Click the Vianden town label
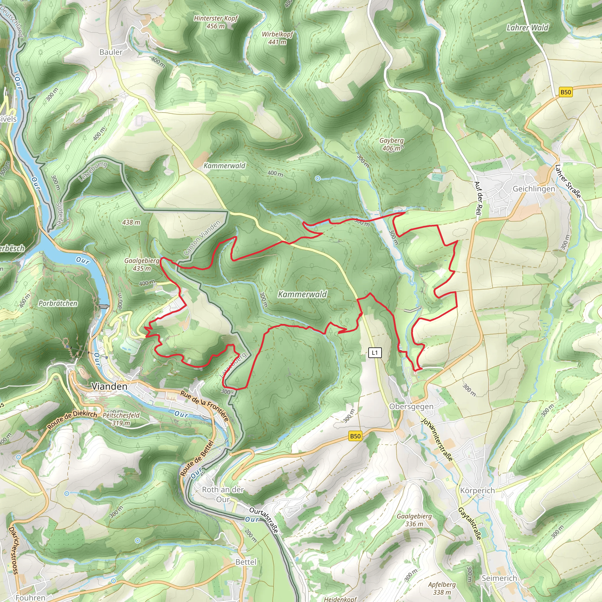[109, 386]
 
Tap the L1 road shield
[374, 353]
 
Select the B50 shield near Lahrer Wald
[566, 92]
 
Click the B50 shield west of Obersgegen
[355, 436]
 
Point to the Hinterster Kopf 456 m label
[216, 22]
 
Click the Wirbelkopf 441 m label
[277, 38]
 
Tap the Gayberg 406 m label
[391, 144]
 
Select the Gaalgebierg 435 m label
[142, 264]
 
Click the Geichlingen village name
[534, 189]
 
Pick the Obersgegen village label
[411, 407]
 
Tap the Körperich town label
[477, 491]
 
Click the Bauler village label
[111, 52]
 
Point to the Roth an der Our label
[223, 494]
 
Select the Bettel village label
[245, 562]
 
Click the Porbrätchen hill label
[58, 303]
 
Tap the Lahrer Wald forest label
[528, 28]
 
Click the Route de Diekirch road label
[72, 419]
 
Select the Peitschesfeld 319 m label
[121, 419]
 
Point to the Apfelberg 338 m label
[442, 588]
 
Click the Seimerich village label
[499, 578]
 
